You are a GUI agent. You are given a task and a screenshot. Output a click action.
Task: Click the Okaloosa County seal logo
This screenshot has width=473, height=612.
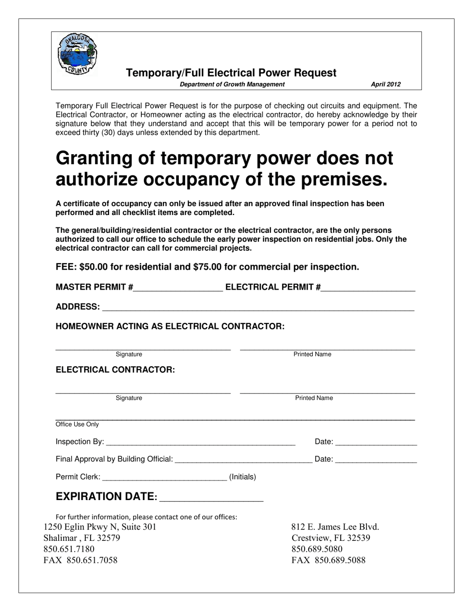pos(78,54)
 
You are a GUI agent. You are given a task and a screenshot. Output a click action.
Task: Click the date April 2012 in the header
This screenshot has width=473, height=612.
pos(385,85)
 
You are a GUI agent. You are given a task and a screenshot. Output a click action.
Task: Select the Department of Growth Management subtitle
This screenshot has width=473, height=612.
pos(232,85)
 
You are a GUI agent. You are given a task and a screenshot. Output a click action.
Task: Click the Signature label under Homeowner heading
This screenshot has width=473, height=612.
pos(129,354)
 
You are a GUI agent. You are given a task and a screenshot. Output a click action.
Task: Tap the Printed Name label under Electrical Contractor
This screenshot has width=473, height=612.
pos(314,398)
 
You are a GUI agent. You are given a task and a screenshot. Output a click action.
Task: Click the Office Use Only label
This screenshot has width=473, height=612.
pos(77,424)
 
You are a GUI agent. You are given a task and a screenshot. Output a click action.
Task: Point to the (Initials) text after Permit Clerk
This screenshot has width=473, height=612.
pos(242,477)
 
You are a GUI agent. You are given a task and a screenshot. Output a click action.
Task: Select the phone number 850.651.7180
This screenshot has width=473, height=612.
pos(69,549)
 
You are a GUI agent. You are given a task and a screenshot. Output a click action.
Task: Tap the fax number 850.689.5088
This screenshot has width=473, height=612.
pos(328,560)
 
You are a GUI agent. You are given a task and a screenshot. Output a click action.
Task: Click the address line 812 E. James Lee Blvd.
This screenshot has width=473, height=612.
pos(335,527)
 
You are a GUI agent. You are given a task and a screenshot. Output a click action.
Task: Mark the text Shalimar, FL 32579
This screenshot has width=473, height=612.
pos(82,538)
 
